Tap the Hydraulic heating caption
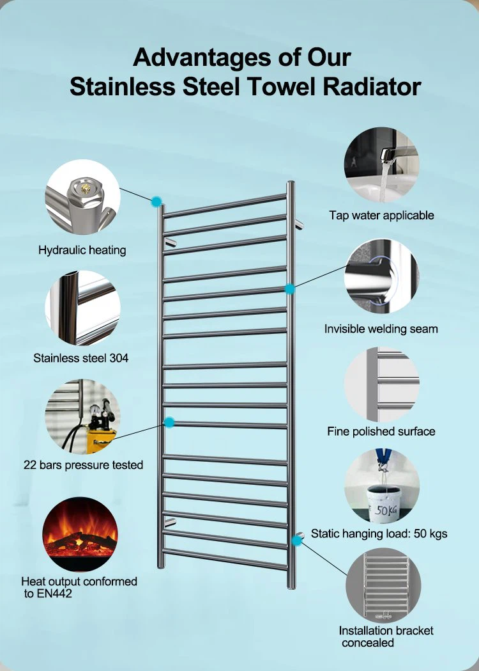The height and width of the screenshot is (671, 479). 82,250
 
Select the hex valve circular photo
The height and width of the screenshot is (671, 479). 82,196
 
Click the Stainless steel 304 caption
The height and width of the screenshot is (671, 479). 81,358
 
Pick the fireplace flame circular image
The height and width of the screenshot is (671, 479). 80,534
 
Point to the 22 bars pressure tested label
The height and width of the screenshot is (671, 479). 83,465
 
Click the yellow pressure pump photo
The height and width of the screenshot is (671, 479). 82,417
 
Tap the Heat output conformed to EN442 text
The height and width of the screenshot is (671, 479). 79,587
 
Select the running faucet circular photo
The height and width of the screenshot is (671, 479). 381,165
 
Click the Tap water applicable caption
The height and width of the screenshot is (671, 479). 381,216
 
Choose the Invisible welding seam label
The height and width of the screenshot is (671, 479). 381,329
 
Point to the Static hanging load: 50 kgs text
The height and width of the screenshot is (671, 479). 379,533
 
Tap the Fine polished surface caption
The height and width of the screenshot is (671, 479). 381,431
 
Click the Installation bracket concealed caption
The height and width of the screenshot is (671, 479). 386,636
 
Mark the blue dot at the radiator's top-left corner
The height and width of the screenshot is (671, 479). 156,201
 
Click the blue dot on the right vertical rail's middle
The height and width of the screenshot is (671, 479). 289,289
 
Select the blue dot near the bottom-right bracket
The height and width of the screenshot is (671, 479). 296,541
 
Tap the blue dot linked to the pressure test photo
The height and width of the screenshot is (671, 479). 169,422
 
